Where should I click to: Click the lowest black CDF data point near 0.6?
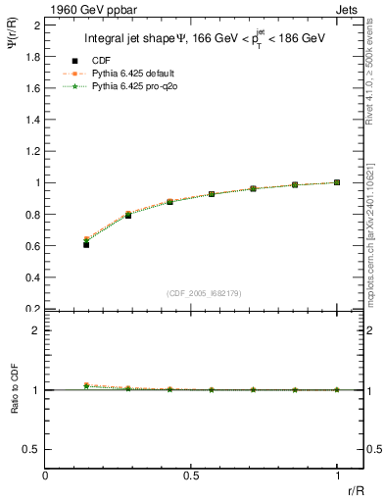pos(86,244)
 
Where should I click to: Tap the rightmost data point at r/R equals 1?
pos(337,182)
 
